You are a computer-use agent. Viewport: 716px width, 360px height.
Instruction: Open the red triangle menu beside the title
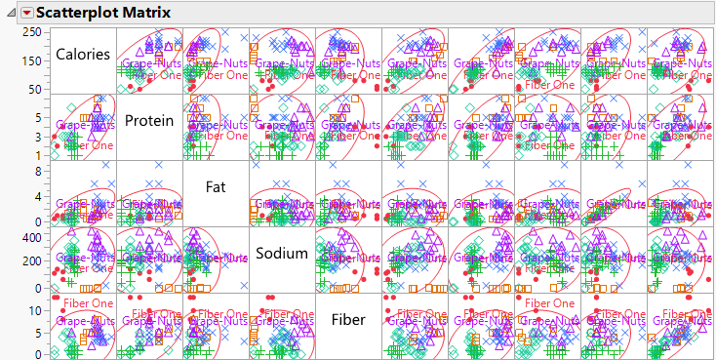click(26, 13)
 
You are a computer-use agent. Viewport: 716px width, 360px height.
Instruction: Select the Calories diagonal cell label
click(82, 55)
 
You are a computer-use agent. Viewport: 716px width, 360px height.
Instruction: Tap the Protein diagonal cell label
click(149, 121)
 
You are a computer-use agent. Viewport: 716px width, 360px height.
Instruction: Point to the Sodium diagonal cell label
click(282, 254)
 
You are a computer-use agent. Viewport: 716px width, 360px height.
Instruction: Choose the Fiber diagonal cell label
click(348, 319)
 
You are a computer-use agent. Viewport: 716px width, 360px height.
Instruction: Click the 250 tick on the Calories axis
click(31, 32)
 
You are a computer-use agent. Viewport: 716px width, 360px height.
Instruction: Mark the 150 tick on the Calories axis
click(31, 60)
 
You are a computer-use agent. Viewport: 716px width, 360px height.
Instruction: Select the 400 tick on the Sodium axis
click(31, 236)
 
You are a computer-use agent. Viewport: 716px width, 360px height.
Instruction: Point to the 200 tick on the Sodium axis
click(31, 261)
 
